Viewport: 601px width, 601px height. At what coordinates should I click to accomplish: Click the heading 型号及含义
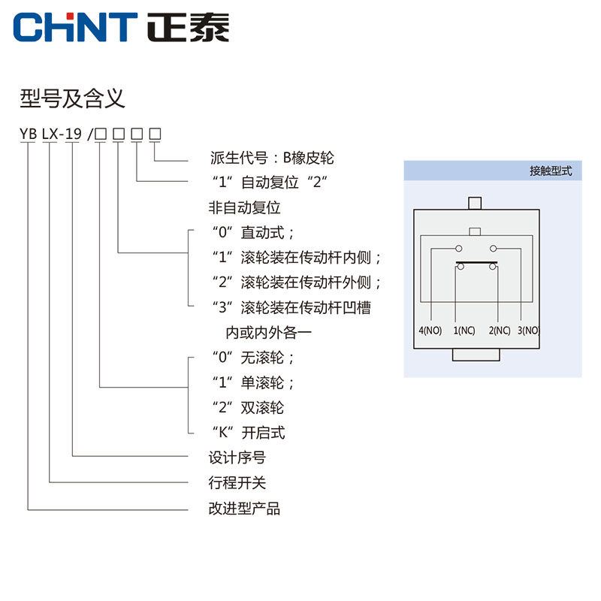[71, 98]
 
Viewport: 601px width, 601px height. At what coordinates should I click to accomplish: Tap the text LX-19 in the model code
[62, 134]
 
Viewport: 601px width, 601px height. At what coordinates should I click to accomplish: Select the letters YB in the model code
[29, 134]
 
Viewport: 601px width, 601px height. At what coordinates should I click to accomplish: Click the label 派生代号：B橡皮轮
[271, 159]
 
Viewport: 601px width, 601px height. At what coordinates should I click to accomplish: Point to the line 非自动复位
[244, 207]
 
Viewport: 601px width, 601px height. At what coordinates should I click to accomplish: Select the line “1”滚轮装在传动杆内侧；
[297, 258]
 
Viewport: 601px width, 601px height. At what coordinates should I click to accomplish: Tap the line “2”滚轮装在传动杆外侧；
[297, 282]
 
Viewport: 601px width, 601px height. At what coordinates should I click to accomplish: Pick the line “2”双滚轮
[247, 408]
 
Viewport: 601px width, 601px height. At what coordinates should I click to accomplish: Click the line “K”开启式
[247, 432]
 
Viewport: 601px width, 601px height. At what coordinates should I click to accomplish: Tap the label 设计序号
[237, 458]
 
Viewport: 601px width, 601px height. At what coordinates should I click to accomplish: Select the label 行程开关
[237, 482]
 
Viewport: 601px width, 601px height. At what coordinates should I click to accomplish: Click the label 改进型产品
[244, 509]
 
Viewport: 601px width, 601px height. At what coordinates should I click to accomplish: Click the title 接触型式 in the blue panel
[551, 171]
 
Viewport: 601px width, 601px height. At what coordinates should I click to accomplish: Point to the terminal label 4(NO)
[430, 331]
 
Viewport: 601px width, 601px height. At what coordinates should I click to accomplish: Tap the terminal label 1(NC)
[464, 331]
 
